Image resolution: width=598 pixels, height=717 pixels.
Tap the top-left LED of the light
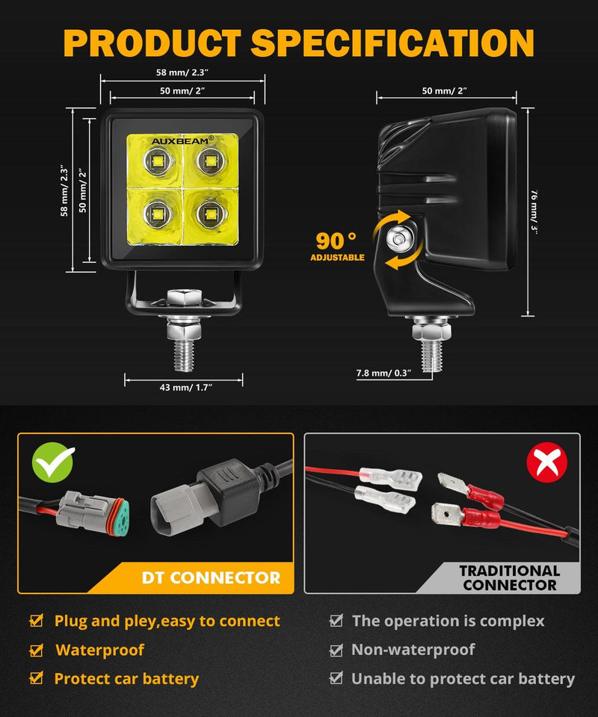156,160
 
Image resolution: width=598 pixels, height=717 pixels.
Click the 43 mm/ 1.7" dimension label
183,387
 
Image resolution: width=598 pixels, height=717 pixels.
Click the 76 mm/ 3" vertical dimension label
534,211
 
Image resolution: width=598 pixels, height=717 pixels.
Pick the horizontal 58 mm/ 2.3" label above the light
182,72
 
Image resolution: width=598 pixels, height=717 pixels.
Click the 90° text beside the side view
336,241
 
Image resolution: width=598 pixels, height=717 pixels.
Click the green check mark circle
53,463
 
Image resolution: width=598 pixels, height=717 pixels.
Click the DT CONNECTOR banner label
212,577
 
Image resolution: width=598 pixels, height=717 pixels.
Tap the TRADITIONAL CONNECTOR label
510,577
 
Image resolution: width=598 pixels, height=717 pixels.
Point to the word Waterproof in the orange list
99,651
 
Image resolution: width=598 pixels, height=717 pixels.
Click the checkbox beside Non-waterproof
336,651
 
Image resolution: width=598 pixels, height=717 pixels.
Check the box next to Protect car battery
36,679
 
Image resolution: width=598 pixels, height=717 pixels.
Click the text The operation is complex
448,621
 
